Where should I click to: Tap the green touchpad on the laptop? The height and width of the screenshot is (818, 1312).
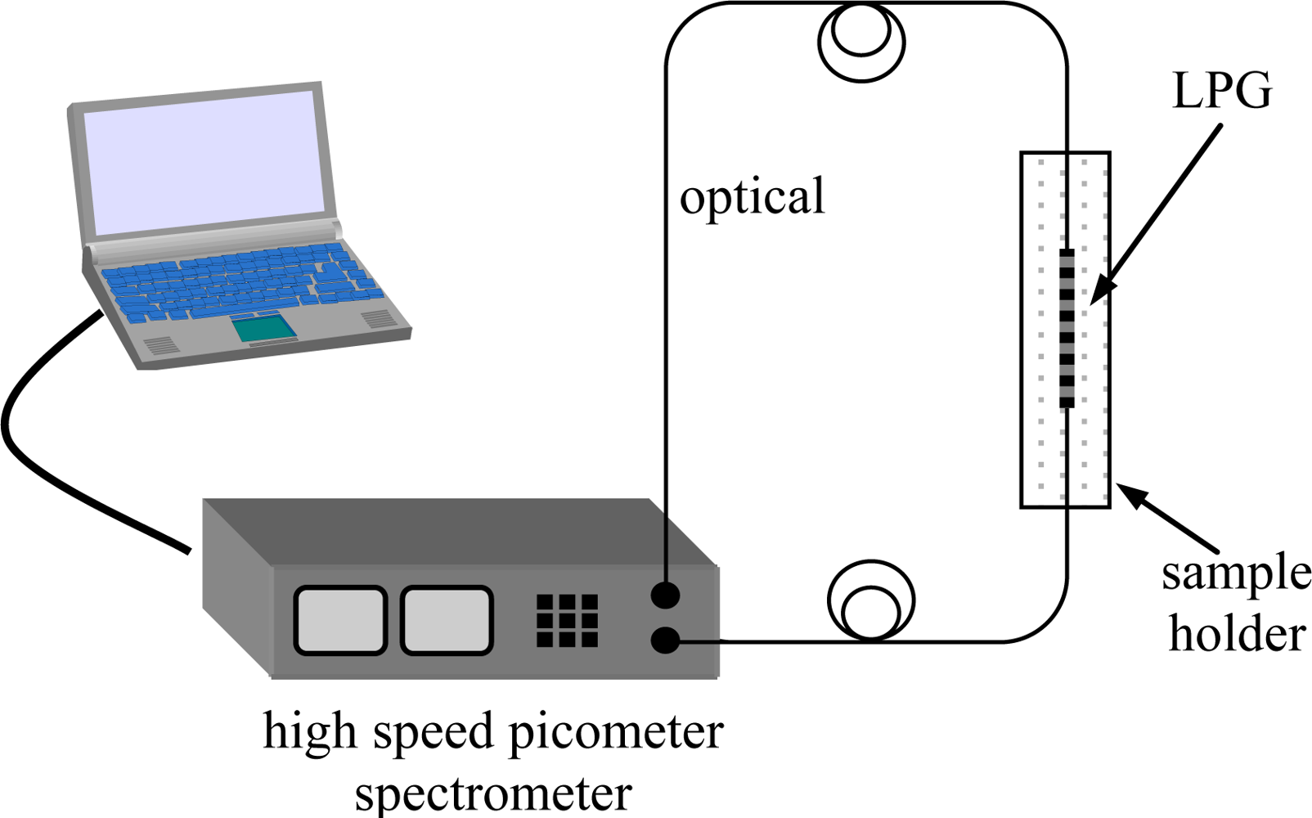point(264,328)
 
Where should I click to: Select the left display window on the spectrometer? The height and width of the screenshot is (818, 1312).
point(339,620)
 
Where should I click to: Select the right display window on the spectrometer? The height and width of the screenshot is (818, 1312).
point(447,620)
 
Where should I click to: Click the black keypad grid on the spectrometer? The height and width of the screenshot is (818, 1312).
point(567,620)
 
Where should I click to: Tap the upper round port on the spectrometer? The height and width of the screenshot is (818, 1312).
point(665,595)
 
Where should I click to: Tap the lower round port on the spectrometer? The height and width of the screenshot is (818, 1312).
point(665,640)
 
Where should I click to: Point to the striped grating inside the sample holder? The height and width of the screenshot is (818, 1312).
point(1066,327)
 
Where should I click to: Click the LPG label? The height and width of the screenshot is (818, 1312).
point(1222,90)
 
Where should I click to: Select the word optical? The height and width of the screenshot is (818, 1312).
point(753,197)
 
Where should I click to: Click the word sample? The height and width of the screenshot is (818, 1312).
point(1236,574)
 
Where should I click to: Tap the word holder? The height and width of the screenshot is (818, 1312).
point(1237,635)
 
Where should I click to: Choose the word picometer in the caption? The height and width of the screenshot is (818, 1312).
point(616,731)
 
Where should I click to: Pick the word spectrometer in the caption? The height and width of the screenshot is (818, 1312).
point(493,792)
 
